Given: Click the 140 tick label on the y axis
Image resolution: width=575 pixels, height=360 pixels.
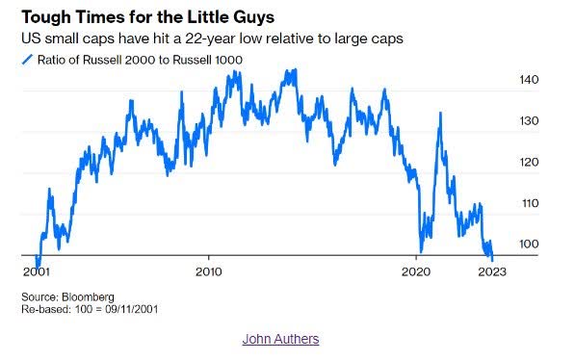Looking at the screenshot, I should click(x=530, y=81).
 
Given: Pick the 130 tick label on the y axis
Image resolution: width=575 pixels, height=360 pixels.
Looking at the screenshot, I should click(x=530, y=121).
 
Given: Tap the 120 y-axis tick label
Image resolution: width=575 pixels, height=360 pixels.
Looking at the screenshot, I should click(x=530, y=163).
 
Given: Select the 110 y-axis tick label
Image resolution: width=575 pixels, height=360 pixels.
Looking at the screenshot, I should click(x=530, y=204).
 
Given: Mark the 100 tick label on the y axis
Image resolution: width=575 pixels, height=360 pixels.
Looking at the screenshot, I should click(x=530, y=245).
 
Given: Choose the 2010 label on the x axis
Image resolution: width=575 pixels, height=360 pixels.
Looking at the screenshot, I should click(x=209, y=271).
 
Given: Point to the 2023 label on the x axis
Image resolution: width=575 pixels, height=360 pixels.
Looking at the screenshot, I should click(x=493, y=271).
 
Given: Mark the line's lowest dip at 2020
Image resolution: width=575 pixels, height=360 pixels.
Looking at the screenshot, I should click(x=421, y=250).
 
